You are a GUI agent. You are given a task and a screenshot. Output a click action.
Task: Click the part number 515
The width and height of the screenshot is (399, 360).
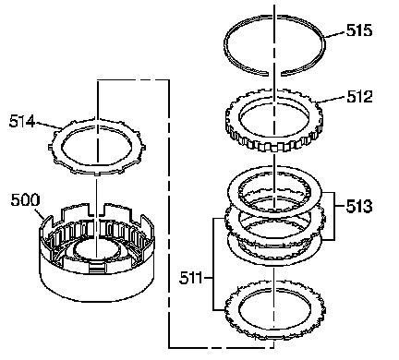pyautogui.click(x=359, y=30)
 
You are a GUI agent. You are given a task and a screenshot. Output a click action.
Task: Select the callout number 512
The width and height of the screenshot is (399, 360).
pyautogui.click(x=359, y=96)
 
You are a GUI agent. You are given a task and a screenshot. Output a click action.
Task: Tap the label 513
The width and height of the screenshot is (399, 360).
pyautogui.click(x=359, y=206)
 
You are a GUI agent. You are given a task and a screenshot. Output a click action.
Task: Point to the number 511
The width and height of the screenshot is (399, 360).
pyautogui.click(x=191, y=278)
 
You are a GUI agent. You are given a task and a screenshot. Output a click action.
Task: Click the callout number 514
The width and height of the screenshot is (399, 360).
pyautogui.click(x=22, y=121)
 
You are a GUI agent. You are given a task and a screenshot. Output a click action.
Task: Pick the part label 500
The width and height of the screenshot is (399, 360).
pyautogui.click(x=25, y=199)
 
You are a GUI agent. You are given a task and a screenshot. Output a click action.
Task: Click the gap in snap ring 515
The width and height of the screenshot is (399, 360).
pyautogui.click(x=274, y=74)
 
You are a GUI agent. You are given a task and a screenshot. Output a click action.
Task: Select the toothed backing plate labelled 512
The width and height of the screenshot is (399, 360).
pyautogui.click(x=274, y=120)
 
